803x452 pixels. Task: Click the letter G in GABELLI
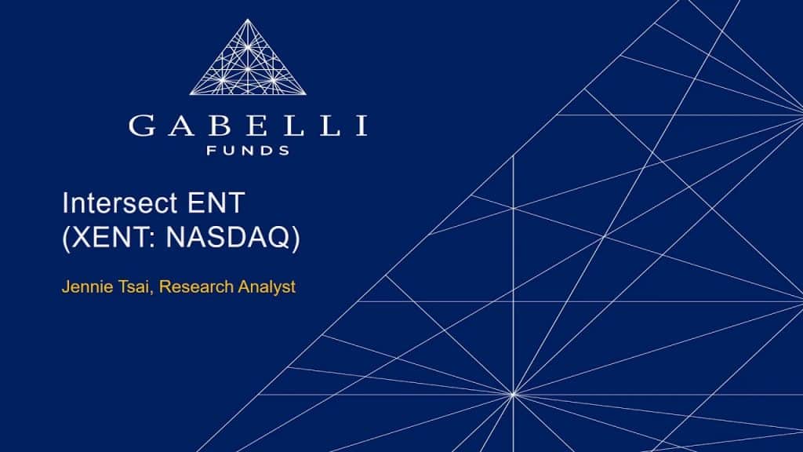[143, 126]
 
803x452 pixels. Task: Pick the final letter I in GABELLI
[362, 126]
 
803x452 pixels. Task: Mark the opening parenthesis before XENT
[67, 239]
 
